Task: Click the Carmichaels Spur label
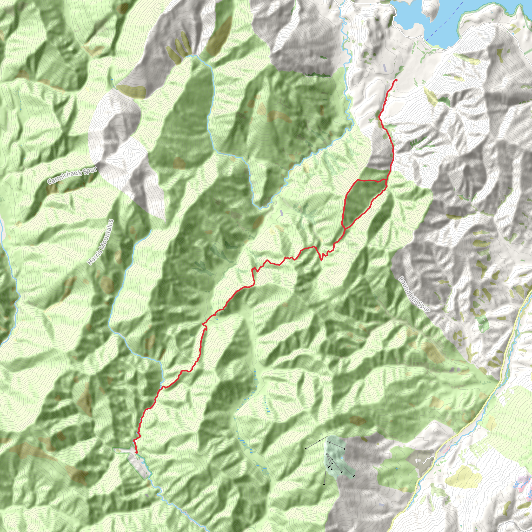[72, 175]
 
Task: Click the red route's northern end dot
[396, 80]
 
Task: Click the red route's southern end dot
[137, 452]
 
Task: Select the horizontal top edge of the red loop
[369, 180]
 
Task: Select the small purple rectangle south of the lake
[385, 68]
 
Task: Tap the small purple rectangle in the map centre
[281, 212]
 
